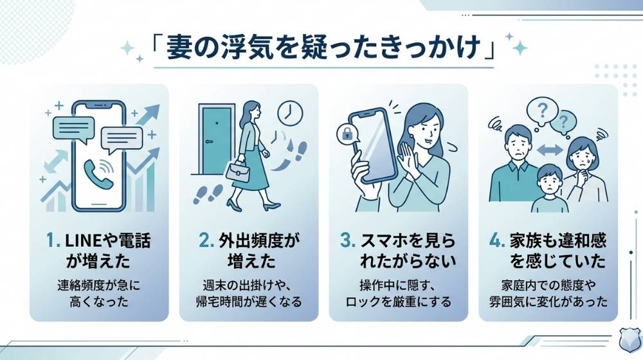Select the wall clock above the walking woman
289,113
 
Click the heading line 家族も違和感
556,242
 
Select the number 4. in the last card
497,242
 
